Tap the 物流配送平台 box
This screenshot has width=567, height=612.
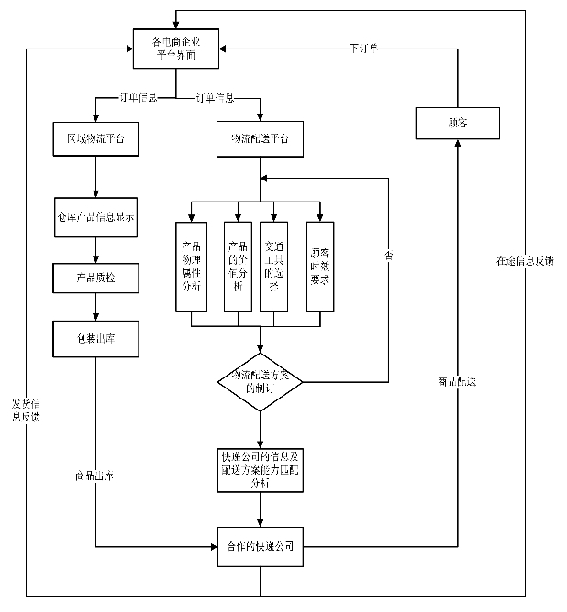pyautogui.click(x=260, y=140)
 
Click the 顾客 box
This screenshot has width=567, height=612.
pyautogui.click(x=457, y=121)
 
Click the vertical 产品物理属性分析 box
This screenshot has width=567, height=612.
pyautogui.click(x=192, y=267)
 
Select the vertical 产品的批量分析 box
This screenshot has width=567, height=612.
pyautogui.click(x=239, y=267)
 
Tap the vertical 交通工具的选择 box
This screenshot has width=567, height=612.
pyautogui.click(x=273, y=267)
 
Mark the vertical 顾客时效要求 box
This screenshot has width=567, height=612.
pyautogui.click(x=319, y=267)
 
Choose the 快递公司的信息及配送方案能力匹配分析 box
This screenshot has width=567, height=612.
pyautogui.click(x=260, y=471)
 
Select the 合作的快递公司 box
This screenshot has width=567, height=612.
pyautogui.click(x=260, y=547)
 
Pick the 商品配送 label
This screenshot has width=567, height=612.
pyautogui.click(x=457, y=380)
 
